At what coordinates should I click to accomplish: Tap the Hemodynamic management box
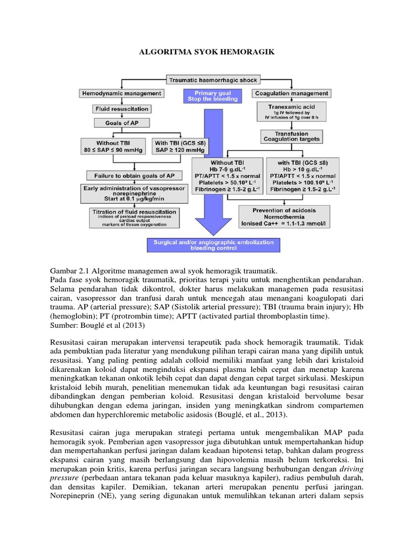[121, 93]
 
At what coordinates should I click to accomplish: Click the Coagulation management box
[291, 93]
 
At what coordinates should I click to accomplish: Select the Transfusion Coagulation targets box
[292, 136]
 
